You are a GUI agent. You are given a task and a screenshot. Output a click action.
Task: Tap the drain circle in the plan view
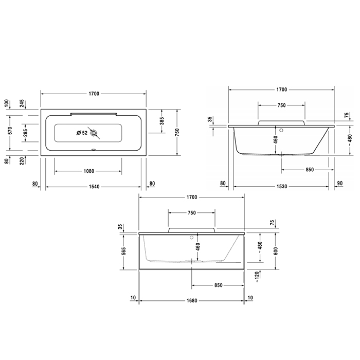94,133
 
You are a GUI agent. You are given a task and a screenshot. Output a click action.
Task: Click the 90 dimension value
341,183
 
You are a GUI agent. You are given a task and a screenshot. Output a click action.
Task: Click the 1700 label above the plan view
94,94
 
